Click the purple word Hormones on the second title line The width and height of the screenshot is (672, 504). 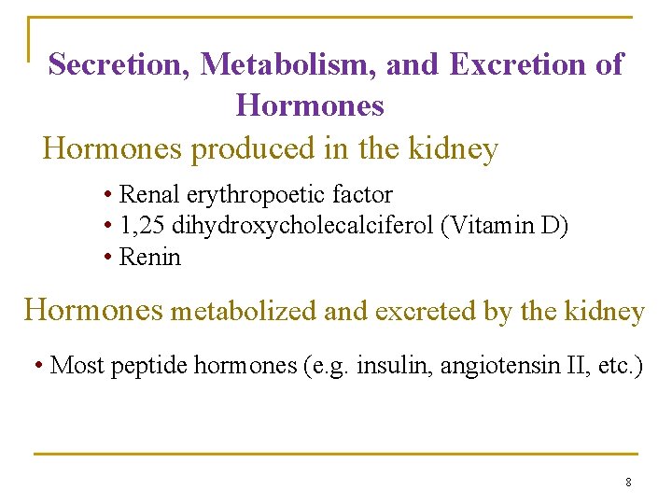click(x=310, y=105)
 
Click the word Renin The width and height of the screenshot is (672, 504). click(x=150, y=257)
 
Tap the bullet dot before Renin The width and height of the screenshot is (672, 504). click(x=109, y=257)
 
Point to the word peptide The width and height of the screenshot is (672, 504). click(x=148, y=365)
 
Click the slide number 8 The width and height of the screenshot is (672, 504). click(x=628, y=483)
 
